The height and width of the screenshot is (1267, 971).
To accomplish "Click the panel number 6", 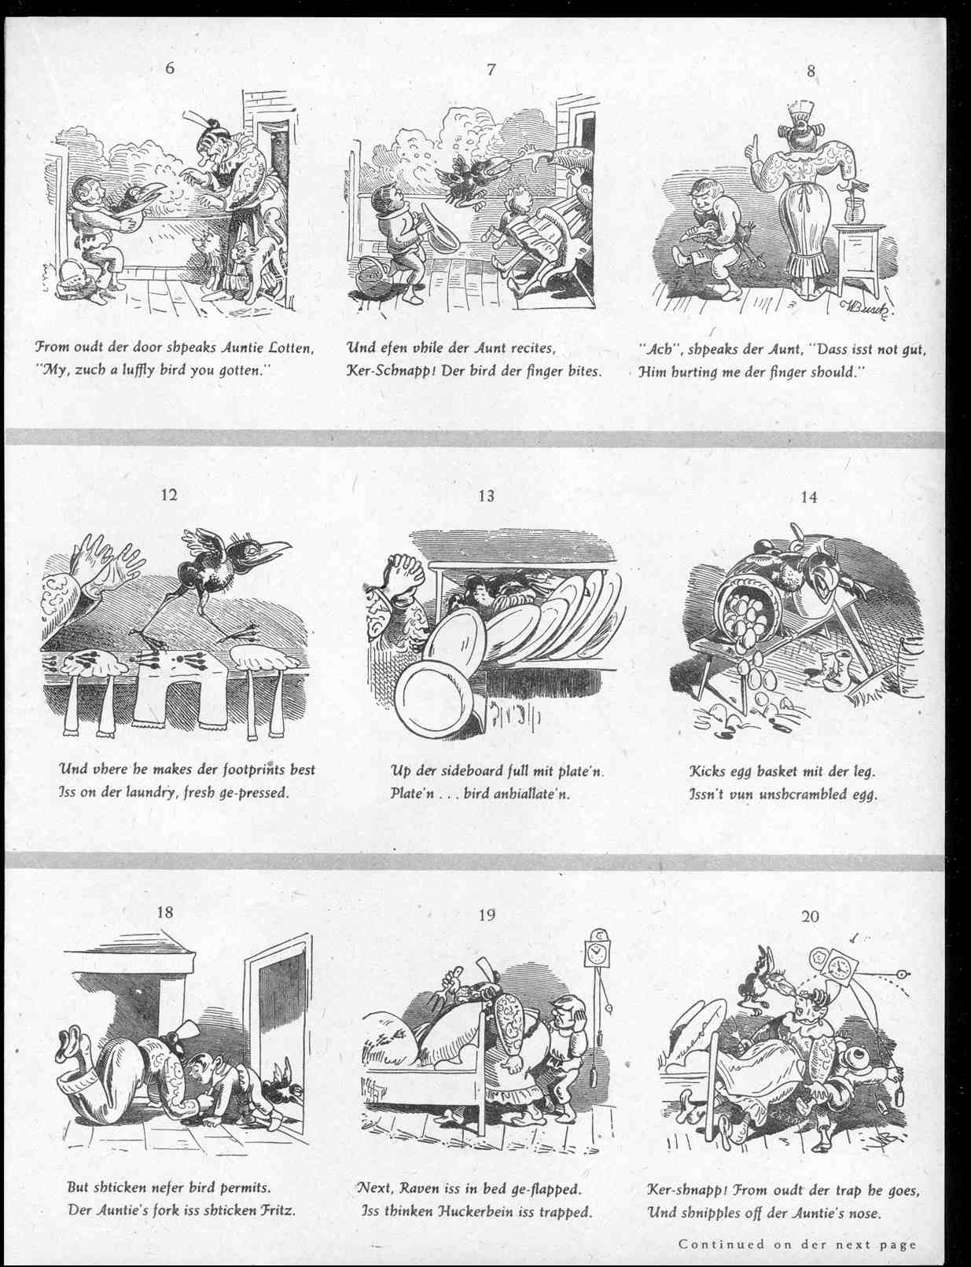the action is point(170,68).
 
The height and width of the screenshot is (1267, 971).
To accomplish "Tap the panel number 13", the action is point(487,496).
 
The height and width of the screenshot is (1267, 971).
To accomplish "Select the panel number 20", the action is point(810,916).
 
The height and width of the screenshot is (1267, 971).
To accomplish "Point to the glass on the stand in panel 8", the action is point(852,209).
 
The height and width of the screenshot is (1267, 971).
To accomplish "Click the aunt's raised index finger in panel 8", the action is point(753,146).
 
